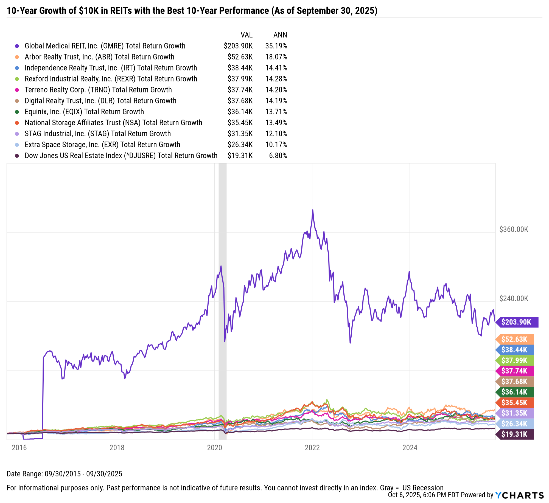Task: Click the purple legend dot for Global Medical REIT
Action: (17, 46)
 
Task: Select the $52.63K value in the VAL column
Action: (240, 57)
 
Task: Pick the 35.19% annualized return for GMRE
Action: (276, 46)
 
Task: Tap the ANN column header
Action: (280, 35)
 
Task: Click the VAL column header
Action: (246, 35)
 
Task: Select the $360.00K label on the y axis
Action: (514, 229)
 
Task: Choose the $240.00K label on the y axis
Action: (514, 298)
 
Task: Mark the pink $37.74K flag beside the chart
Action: (515, 371)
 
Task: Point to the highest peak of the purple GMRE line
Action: (312, 210)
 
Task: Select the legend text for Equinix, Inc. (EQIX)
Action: (84, 112)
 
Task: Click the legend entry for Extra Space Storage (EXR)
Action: (102, 145)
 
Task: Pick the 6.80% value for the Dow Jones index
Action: (278, 156)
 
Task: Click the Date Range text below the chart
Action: (64, 474)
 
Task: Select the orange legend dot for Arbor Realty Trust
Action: (17, 57)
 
